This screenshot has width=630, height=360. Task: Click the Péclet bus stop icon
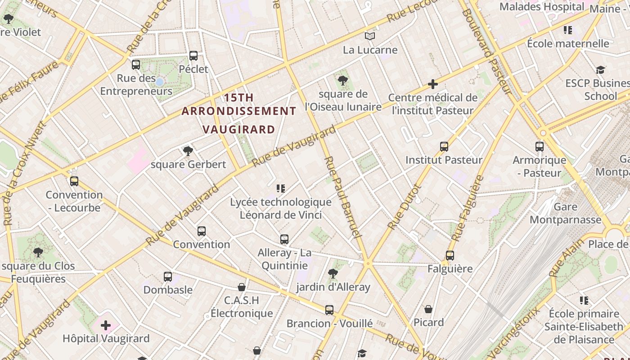tap(193, 56)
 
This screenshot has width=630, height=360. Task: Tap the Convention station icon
tap(202, 231)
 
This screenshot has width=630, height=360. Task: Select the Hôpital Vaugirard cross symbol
tap(106, 325)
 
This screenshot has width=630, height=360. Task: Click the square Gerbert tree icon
tap(188, 151)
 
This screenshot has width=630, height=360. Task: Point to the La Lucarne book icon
tap(370, 36)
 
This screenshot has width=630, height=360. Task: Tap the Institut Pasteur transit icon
tap(444, 147)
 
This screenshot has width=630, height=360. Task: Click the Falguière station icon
tap(450, 256)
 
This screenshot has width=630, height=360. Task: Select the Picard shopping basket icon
tap(428, 309)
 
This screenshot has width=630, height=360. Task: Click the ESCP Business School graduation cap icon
tap(601, 70)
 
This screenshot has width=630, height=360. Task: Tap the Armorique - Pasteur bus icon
tap(540, 147)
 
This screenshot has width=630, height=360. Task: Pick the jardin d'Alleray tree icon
tap(333, 274)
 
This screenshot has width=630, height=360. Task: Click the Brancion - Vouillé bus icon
tap(329, 310)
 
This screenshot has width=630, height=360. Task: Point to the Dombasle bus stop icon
tap(168, 277)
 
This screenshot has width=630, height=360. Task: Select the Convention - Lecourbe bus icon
tap(74, 181)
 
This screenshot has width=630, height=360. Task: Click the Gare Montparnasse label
tap(565, 213)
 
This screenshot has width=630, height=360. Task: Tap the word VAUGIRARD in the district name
tap(238, 130)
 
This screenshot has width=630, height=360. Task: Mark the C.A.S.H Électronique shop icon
tap(242, 287)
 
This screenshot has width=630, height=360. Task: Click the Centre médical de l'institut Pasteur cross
tap(433, 84)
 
